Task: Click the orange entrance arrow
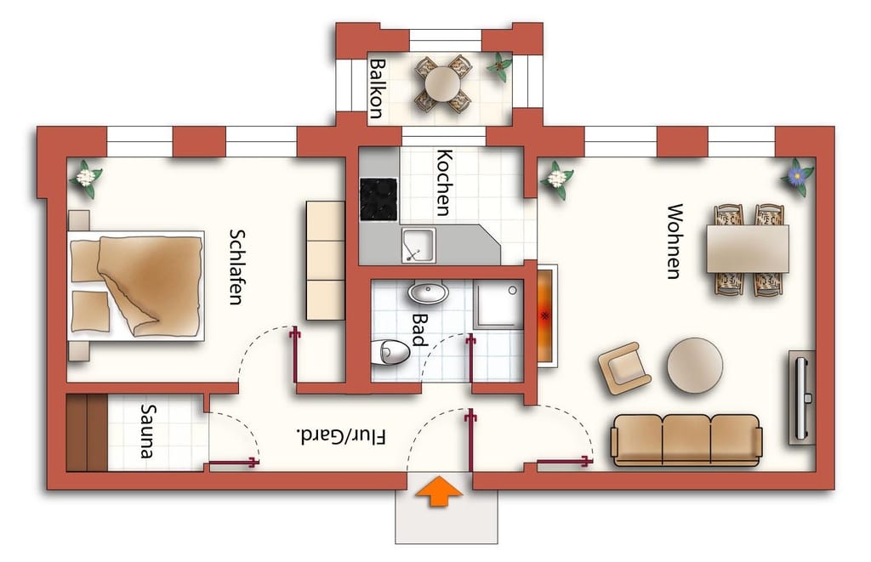tap(440, 491)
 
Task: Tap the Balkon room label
tap(377, 89)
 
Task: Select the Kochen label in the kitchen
tap(444, 182)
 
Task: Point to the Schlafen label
tap(237, 267)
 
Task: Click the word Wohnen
tap(674, 241)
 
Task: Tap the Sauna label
tap(148, 431)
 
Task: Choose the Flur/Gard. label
tap(342, 436)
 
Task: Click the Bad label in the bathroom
tap(420, 330)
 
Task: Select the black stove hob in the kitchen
tap(379, 199)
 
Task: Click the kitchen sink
tap(418, 246)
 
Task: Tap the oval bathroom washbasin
tap(429, 292)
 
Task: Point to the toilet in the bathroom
tap(390, 352)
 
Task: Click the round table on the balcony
tap(442, 84)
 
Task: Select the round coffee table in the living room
tap(695, 366)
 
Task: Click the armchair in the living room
tap(624, 368)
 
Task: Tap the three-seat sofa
tap(686, 440)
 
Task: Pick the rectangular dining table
tap(748, 248)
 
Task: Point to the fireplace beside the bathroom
tap(546, 315)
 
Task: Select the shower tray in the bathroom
tap(498, 304)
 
